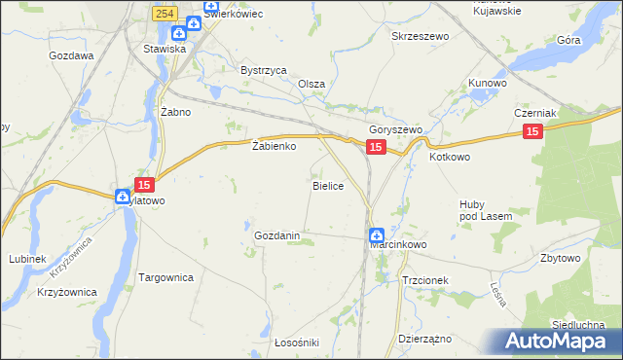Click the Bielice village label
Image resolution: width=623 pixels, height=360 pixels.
[327, 185]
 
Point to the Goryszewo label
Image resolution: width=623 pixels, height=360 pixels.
[394, 130]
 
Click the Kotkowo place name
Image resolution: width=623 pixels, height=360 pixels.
[450, 156]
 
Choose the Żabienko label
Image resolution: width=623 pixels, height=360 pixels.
[273, 147]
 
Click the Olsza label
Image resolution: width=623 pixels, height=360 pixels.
[311, 84]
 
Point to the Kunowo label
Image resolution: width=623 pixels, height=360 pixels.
[488, 84]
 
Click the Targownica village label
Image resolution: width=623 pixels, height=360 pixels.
[166, 277]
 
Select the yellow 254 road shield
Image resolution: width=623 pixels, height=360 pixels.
[164, 12]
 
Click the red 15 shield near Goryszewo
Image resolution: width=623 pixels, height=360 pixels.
[377, 147]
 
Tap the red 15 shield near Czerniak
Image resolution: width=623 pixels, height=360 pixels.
[531, 132]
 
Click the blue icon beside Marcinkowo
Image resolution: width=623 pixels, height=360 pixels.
[376, 234]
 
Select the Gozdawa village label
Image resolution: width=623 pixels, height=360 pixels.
[72, 56]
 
